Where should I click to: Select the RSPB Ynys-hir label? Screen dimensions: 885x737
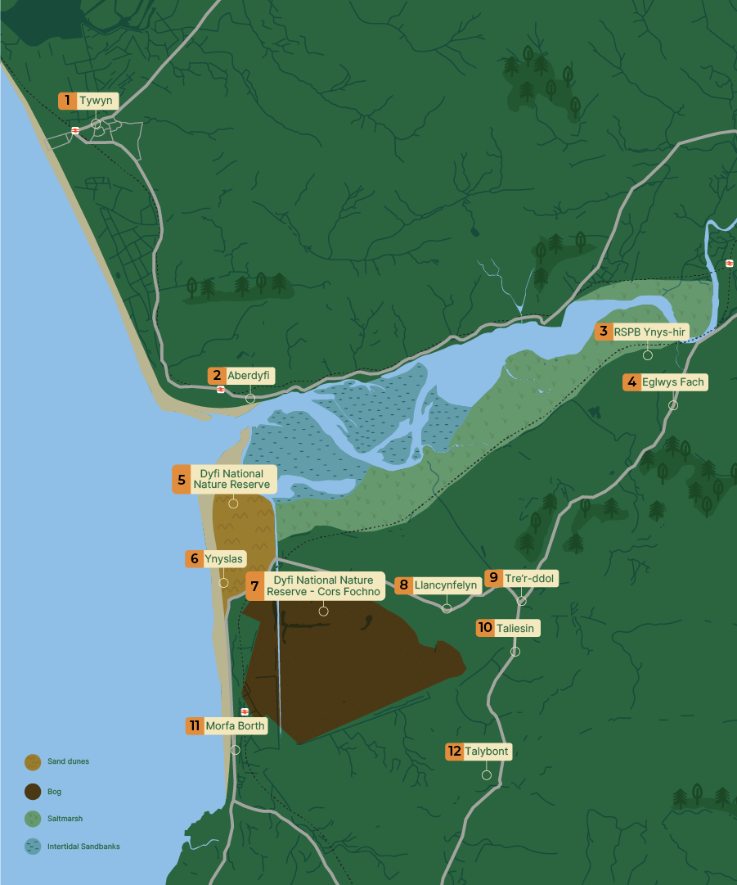point(650,332)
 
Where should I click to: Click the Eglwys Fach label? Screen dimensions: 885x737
point(673,382)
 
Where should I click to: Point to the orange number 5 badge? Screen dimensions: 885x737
point(181,479)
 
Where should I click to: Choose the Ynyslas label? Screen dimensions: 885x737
point(223,559)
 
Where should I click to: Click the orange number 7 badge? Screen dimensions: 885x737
point(254,586)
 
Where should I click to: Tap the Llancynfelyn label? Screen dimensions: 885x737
point(445,585)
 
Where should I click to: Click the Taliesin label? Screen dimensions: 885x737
point(515,628)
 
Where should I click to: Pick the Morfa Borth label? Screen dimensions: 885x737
point(235,725)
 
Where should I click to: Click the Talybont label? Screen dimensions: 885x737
point(488,752)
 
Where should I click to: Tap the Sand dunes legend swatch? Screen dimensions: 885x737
point(33,762)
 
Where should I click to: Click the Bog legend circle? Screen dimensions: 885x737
point(33,792)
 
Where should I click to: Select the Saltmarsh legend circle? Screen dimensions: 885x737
point(33,819)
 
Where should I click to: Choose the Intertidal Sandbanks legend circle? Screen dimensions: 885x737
point(33,847)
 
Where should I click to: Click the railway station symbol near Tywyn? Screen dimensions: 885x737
point(75,130)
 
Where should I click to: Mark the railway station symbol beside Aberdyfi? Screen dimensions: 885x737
point(221,390)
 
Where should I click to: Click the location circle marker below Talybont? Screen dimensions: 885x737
point(487,775)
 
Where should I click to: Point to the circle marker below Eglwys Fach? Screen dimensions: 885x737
point(673,405)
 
